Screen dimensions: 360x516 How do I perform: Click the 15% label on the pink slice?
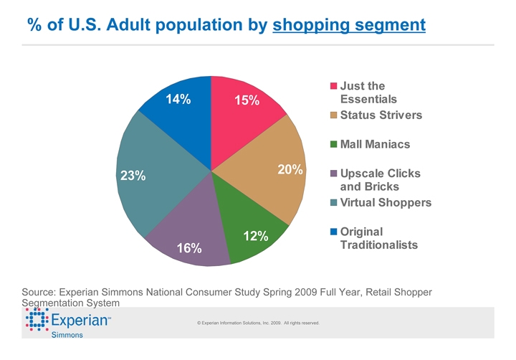(247, 101)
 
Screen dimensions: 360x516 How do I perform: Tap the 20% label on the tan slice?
(290, 170)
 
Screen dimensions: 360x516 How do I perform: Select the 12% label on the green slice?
(256, 236)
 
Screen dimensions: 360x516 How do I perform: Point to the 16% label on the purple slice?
(189, 248)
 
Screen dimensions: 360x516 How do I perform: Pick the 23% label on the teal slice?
(133, 175)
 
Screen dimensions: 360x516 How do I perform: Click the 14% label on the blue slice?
(178, 100)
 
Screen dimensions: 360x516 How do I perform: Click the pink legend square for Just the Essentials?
(333, 87)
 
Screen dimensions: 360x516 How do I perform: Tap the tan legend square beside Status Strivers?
(333, 115)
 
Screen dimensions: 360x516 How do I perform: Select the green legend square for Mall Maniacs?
(333, 145)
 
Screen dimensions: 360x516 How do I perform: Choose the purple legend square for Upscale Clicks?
(333, 174)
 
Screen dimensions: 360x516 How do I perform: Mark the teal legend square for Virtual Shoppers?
(333, 203)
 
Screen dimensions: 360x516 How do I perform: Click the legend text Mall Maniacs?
(375, 145)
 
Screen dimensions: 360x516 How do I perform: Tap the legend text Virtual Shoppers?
(386, 203)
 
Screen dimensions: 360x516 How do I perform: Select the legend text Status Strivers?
(381, 115)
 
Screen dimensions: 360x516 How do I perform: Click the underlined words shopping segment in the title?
(349, 25)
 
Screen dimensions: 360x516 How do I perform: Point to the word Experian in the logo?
(80, 320)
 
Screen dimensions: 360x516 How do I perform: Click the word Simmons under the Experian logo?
(67, 335)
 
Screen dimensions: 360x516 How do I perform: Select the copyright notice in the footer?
(258, 323)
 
